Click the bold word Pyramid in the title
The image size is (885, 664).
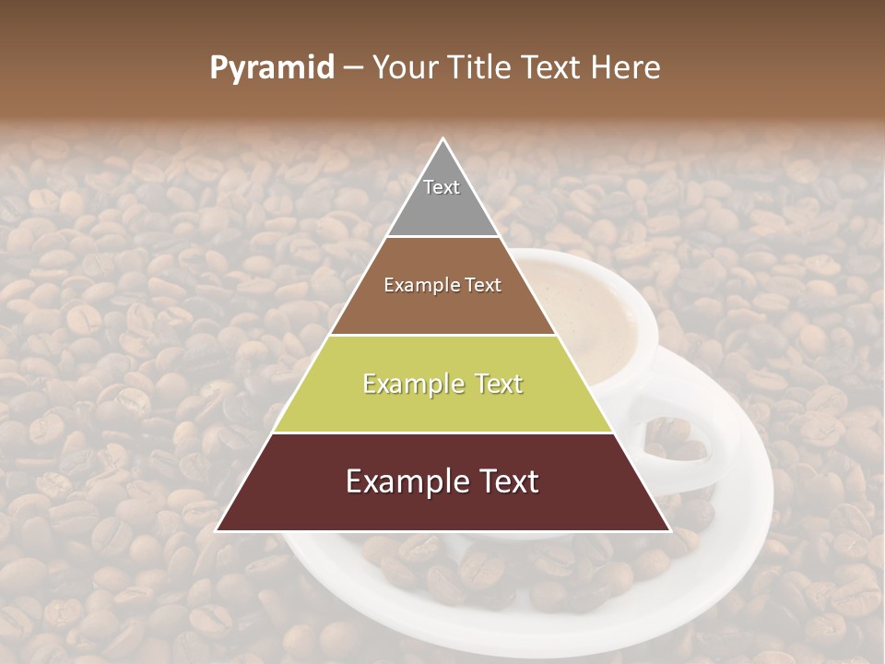coord(272,68)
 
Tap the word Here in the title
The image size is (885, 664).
coord(628,67)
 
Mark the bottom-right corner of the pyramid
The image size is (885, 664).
coord(668,529)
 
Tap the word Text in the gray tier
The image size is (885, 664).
coord(442,187)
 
